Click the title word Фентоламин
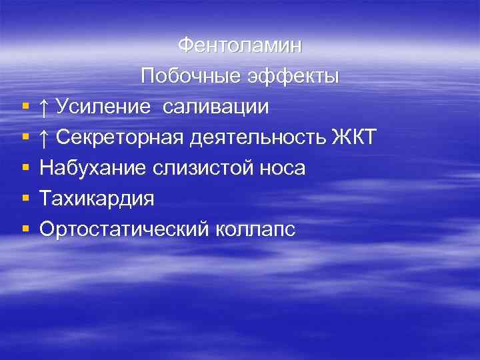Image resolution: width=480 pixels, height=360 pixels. tap(240, 46)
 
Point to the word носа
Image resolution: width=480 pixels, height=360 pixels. tap(279, 168)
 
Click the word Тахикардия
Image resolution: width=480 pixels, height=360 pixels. tap(97, 199)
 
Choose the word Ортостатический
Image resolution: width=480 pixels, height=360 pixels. tap(124, 229)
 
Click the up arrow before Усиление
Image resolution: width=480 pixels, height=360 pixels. tap(44, 107)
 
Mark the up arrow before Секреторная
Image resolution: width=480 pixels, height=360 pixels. tap(44, 137)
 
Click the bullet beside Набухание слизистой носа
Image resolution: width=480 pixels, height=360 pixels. tap(25, 169)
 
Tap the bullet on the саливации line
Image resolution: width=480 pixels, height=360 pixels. tap(25, 107)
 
